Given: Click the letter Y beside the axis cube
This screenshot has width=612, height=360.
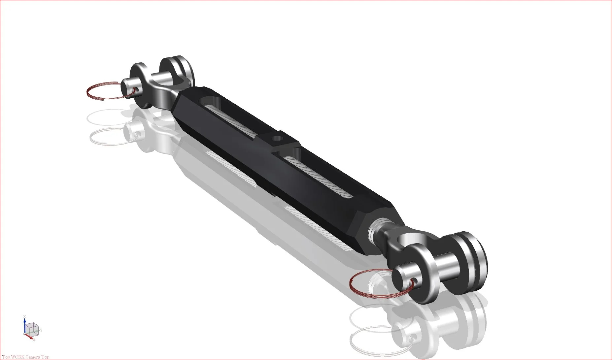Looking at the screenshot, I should point(41,330).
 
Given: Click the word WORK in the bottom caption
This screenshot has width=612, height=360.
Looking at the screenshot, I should point(17,357).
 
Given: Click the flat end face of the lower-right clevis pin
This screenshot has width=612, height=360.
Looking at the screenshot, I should point(403,279).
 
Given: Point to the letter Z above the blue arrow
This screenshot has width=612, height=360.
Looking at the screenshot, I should point(24,317).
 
